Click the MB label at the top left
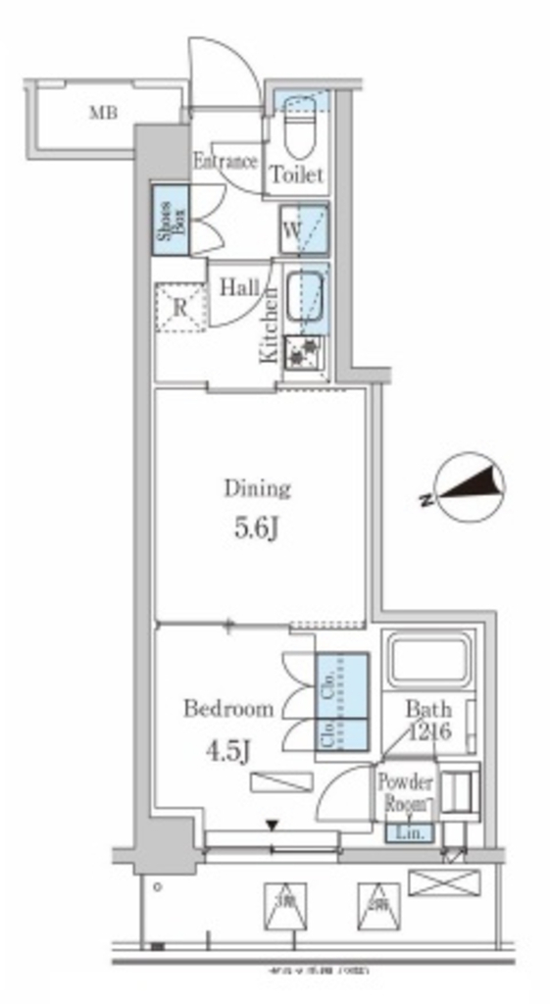[103, 114]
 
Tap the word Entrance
[225, 162]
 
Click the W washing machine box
[303, 231]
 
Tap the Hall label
[238, 288]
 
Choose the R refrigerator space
[180, 306]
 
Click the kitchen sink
[307, 296]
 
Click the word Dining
[258, 487]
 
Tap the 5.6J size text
[258, 529]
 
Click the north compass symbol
[470, 487]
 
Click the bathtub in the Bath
[430, 662]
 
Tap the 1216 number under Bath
[428, 731]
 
